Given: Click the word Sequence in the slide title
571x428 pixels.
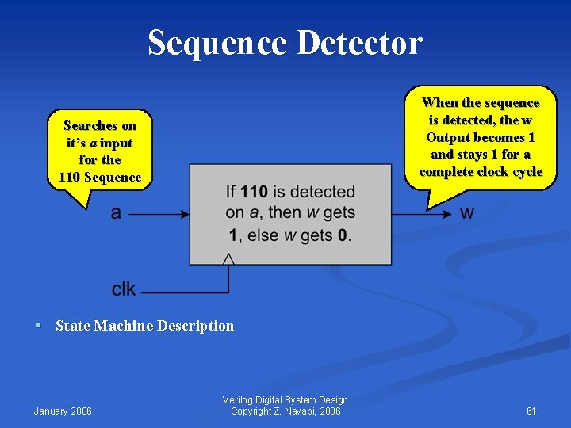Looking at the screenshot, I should [217, 42].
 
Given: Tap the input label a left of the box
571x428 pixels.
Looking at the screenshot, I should [116, 212].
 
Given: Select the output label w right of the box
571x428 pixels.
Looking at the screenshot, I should [467, 212].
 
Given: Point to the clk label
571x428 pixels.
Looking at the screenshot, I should [124, 289].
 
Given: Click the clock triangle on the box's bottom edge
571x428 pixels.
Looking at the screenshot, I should [228, 258].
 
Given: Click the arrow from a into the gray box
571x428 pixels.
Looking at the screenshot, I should [159, 213].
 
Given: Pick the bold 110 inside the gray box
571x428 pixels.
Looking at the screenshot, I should [254, 192].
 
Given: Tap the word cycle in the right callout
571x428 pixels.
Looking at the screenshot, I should [527, 171].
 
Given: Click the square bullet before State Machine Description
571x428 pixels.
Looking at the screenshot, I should [38, 325].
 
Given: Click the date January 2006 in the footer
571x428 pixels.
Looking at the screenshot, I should [63, 411].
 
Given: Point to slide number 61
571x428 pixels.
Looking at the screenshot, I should [531, 411].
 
